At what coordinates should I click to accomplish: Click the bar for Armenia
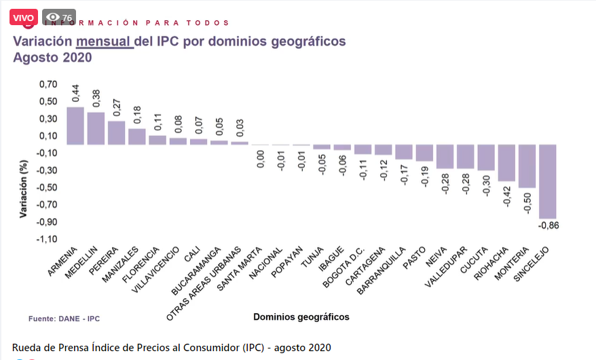pyautogui.click(x=75, y=126)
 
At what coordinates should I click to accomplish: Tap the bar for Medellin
pyautogui.click(x=96, y=128)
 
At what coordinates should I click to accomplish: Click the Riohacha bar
pyautogui.click(x=506, y=163)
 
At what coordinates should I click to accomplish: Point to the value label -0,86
pyautogui.click(x=548, y=226)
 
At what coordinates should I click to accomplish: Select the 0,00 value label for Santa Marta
pyautogui.click(x=261, y=160)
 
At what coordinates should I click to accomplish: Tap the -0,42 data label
pyautogui.click(x=506, y=198)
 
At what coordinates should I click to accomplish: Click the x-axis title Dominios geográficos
pyautogui.click(x=301, y=317)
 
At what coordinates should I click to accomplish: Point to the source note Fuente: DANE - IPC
pyautogui.click(x=64, y=318)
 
